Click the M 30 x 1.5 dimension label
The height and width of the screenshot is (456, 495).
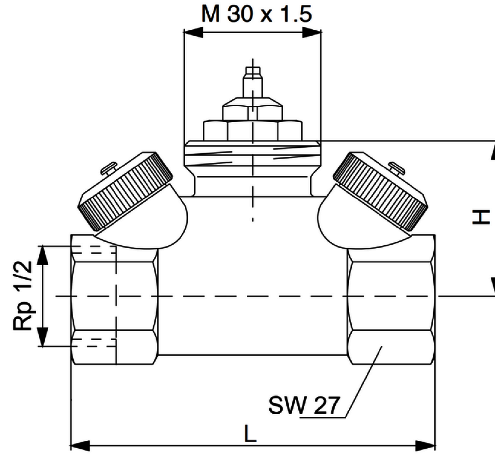point(256,15)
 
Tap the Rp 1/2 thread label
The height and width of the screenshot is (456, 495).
point(23,296)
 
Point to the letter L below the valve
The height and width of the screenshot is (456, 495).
point(250,434)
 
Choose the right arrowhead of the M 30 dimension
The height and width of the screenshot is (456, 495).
point(312,32)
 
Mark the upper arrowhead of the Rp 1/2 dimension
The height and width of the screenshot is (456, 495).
point(42,255)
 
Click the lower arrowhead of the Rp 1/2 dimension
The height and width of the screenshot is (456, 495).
point(42,337)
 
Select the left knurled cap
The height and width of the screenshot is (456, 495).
point(125,191)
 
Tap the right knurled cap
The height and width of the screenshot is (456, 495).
point(380,191)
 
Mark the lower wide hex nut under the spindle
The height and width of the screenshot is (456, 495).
point(253,131)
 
